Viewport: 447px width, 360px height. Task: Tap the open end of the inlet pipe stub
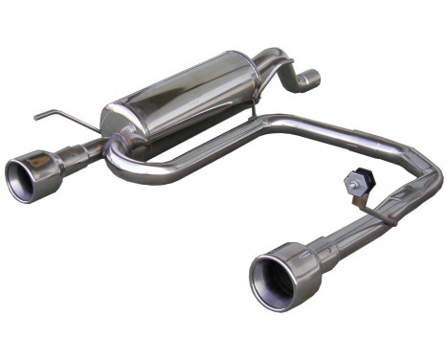(x=309, y=78)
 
